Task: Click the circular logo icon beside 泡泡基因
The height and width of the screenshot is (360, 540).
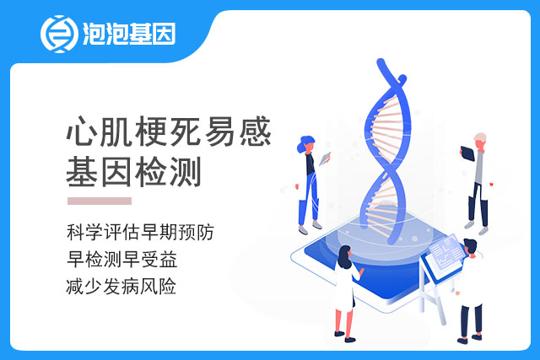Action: tap(59, 34)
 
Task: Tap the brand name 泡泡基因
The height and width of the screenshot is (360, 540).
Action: tap(129, 34)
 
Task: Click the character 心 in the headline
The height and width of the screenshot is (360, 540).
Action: tap(81, 132)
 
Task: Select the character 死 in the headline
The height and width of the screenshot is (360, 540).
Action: tap(185, 132)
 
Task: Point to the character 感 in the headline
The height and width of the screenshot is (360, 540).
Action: tap(255, 132)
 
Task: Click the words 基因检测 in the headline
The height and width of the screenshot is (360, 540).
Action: tap(133, 172)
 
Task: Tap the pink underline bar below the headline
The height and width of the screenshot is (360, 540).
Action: tap(100, 201)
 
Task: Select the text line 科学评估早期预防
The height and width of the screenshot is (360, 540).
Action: tap(141, 232)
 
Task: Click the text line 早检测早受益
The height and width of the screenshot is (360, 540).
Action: tap(121, 259)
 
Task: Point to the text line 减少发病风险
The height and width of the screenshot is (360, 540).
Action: tap(121, 286)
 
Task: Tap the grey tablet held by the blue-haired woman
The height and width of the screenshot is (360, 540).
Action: tap(325, 159)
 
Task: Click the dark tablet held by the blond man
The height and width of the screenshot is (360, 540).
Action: tap(467, 153)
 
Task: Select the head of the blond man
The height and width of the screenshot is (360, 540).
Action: tap(480, 140)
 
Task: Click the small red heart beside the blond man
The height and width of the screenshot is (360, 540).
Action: tap(491, 184)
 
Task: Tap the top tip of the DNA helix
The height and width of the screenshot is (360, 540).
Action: tap(381, 62)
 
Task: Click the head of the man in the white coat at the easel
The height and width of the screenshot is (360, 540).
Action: tap(470, 246)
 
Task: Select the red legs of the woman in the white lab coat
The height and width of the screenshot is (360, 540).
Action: tap(345, 323)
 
